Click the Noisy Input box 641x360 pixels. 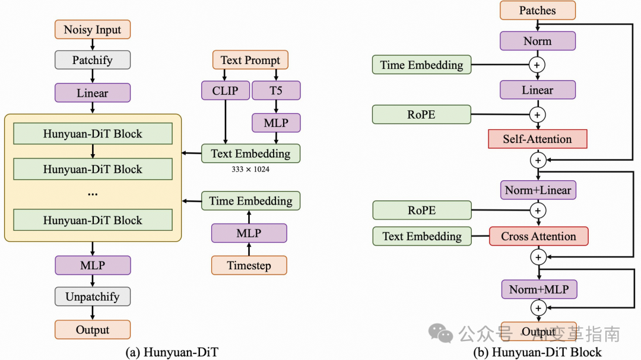tap(93, 30)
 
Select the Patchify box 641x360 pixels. tap(93, 60)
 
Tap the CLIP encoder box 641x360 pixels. tap(225, 91)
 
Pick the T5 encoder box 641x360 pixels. tap(276, 91)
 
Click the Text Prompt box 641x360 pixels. tap(250, 60)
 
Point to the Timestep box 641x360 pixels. tap(249, 265)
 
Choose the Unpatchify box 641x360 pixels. tap(93, 297)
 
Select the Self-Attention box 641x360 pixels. tap(538, 139)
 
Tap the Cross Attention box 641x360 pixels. tap(538, 236)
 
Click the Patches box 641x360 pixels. tap(538, 10)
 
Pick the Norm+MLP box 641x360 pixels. tap(538, 289)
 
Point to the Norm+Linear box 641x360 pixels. tap(538, 190)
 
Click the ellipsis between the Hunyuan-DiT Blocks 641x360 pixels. tap(93, 193)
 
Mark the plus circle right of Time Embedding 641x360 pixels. tap(538, 65)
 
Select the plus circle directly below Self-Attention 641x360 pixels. tap(538, 160)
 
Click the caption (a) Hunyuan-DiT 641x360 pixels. tap(172, 352)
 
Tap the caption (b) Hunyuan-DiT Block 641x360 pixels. tap(537, 352)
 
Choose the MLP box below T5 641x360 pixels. tap(276, 123)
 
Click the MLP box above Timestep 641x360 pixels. tap(249, 233)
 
